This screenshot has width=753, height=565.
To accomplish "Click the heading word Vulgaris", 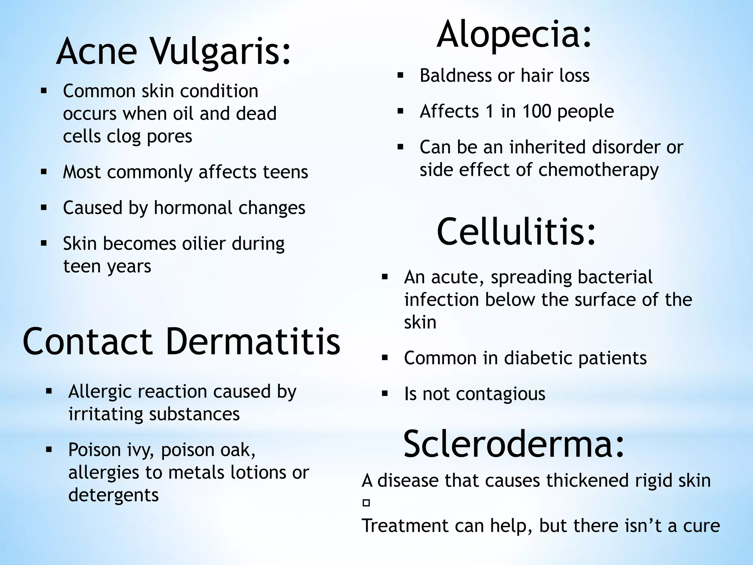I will pyautogui.click(x=221, y=51).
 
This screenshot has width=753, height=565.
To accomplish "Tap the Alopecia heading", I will pyautogui.click(x=514, y=35).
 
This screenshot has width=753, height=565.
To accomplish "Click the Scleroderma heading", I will pyautogui.click(x=514, y=444).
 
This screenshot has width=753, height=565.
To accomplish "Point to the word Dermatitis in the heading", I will pyautogui.click(x=253, y=341).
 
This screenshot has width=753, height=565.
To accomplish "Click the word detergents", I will pyautogui.click(x=113, y=495).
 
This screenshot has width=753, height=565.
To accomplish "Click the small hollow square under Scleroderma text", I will pyautogui.click(x=366, y=503).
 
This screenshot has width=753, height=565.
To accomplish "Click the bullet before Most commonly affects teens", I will pyautogui.click(x=44, y=172).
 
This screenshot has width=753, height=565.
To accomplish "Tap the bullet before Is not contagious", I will pyautogui.click(x=385, y=394).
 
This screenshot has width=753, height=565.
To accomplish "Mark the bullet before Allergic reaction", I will pyautogui.click(x=49, y=391).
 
